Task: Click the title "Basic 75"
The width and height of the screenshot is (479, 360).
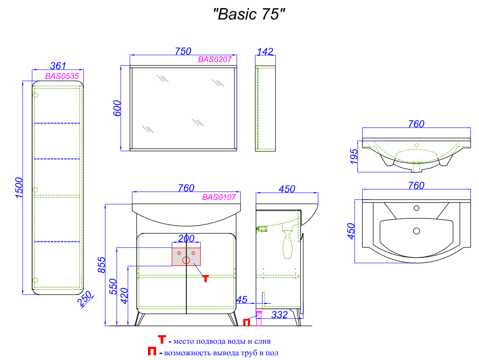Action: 249,14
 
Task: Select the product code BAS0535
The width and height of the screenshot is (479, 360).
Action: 62,76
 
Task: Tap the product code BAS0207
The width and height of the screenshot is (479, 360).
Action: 215,59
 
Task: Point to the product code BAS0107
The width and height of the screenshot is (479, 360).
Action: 219,197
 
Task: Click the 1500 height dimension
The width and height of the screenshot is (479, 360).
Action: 19,187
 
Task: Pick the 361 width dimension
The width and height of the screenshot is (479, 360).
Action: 58,66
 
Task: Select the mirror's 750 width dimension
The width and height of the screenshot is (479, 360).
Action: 183,51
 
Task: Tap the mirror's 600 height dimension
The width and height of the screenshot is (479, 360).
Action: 117,109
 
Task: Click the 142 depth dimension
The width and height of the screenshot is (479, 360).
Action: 265,52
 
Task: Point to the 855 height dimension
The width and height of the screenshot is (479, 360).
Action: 101,265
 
